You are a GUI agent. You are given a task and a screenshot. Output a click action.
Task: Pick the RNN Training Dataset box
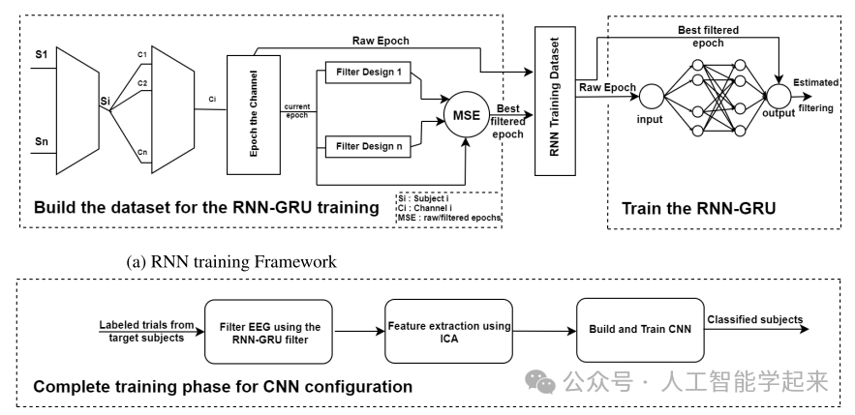click(551, 102)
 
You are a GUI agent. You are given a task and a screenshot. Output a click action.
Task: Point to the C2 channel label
click(142, 83)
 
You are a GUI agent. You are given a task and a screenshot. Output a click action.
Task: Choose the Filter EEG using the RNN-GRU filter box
click(265, 330)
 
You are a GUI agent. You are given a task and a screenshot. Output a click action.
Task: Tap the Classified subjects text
click(754, 320)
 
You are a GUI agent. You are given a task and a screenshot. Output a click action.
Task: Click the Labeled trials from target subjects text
click(146, 330)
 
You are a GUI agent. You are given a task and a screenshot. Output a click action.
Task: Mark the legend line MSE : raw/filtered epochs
click(447, 219)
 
